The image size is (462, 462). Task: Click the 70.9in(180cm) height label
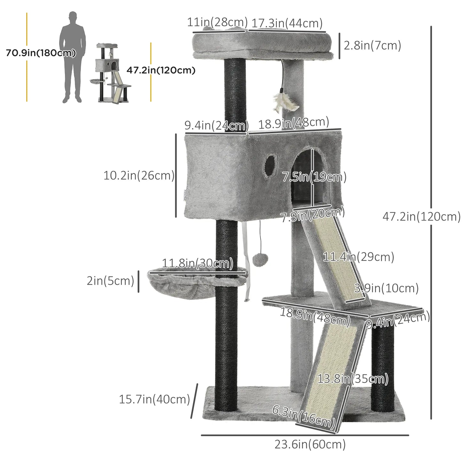[41, 53]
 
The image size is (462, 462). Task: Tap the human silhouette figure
[73, 58]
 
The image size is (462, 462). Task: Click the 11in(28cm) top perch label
[217, 22]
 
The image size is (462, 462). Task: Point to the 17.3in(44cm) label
[287, 23]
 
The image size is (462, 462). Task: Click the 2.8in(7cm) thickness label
[372, 45]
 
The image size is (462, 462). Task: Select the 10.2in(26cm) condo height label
[139, 176]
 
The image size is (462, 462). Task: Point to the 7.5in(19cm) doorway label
[314, 177]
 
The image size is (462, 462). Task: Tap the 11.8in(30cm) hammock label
[197, 264]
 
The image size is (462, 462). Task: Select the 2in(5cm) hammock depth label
[110, 281]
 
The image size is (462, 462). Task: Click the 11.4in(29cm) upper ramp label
[358, 257]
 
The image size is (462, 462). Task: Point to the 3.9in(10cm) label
[386, 288]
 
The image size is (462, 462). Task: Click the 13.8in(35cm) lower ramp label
[353, 379]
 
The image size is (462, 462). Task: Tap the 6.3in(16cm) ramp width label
[303, 416]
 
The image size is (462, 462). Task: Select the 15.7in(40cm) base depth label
[154, 399]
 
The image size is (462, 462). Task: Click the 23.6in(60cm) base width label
[310, 444]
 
